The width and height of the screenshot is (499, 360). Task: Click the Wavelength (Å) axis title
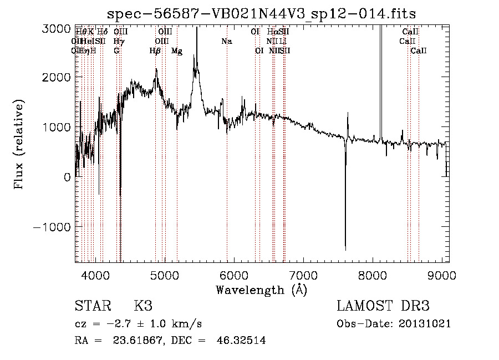[x=261, y=290]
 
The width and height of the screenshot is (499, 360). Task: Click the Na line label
[x=226, y=41]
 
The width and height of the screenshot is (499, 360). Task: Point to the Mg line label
[x=176, y=51]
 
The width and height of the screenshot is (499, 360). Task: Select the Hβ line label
[x=155, y=51]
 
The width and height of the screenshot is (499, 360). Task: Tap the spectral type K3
[x=143, y=306]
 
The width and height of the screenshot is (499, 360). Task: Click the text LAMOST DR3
[x=383, y=306]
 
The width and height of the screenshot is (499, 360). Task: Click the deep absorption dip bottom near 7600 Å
[x=345, y=249]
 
